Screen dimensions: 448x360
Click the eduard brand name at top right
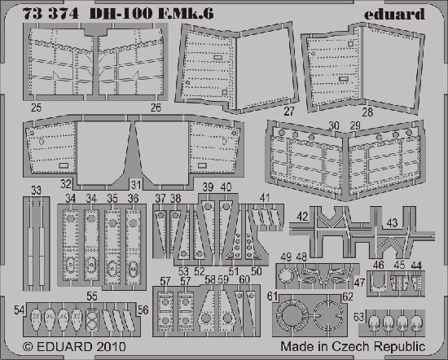[x=394, y=13]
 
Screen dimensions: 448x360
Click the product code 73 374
[x=51, y=13]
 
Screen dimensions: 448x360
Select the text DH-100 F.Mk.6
[x=152, y=13]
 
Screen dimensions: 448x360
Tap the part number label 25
[x=37, y=108]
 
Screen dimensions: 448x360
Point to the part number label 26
[x=156, y=108]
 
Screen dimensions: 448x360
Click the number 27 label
[x=289, y=112]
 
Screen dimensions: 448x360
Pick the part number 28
[x=367, y=112]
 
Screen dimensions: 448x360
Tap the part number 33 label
[x=37, y=191]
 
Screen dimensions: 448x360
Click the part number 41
[x=265, y=198]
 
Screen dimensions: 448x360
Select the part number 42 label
[x=302, y=217]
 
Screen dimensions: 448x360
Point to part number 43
[x=392, y=223]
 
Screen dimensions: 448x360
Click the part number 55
[x=92, y=296]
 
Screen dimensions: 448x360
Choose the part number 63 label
[x=359, y=317]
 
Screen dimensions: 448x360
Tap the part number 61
[x=272, y=296]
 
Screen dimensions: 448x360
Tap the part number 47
[x=359, y=283]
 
